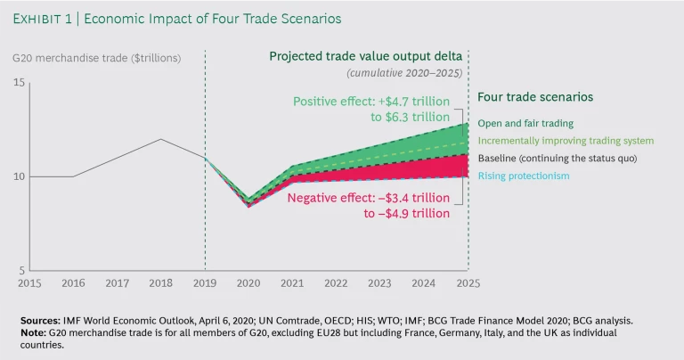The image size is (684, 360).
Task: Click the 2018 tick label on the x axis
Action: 160,282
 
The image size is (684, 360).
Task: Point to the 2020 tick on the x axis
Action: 248,282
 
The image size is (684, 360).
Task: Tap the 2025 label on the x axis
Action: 468,282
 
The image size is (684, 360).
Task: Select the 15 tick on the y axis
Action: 20,83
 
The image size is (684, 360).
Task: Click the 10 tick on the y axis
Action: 20,176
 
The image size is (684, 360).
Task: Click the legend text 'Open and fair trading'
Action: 525,123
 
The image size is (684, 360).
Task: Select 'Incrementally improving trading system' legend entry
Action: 566,141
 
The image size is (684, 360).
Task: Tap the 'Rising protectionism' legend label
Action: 524,176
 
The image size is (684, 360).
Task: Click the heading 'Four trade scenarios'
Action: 535,97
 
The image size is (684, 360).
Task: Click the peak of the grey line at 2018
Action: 160,139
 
